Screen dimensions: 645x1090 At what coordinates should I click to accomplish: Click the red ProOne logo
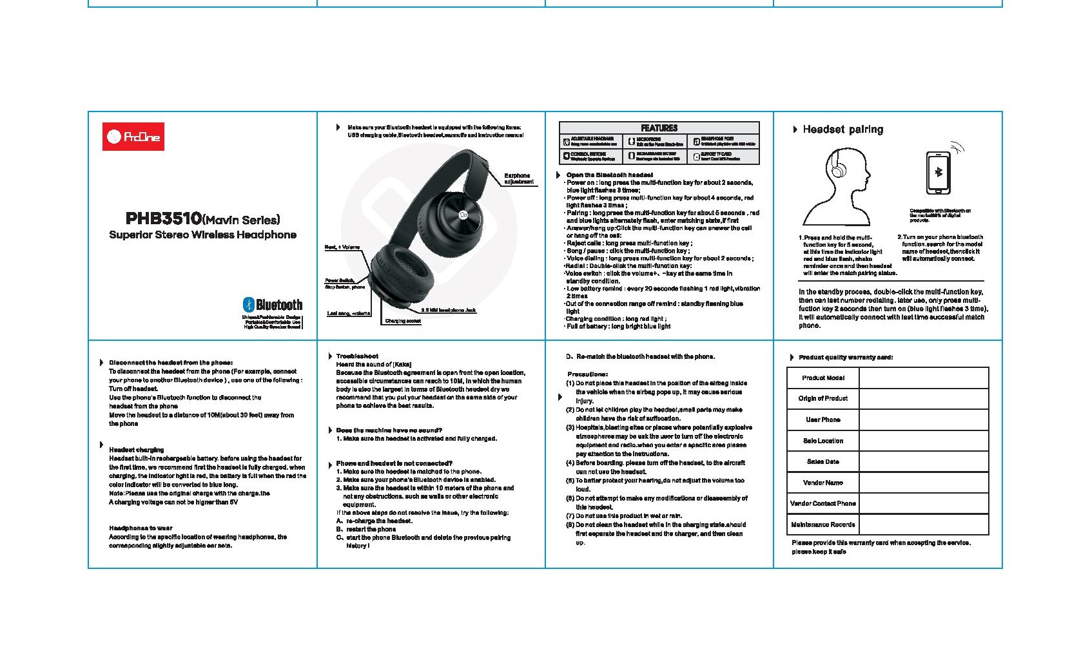click(x=133, y=137)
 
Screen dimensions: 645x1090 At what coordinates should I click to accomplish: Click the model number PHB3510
click(x=164, y=219)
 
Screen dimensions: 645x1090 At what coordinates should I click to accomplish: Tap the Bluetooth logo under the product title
click(x=272, y=304)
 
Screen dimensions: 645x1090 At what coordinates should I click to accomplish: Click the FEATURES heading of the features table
click(x=659, y=128)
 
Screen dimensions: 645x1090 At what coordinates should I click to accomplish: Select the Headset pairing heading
click(x=842, y=130)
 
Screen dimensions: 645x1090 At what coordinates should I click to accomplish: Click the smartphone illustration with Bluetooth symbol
click(x=938, y=172)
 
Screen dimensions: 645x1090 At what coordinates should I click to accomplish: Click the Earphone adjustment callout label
click(x=518, y=178)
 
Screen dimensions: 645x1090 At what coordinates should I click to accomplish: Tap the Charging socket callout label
click(x=403, y=321)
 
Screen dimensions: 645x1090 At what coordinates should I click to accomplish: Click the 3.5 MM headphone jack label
click(x=449, y=311)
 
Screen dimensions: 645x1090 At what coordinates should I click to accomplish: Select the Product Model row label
click(x=823, y=378)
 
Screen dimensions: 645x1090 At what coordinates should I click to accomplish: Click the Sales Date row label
click(x=823, y=462)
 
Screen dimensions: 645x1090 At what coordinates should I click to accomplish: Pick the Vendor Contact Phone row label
click(x=823, y=504)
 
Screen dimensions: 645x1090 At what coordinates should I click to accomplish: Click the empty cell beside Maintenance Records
click(x=923, y=525)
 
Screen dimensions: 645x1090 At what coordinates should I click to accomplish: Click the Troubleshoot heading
click(x=357, y=356)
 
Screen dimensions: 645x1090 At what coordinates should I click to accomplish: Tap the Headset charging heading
click(x=136, y=450)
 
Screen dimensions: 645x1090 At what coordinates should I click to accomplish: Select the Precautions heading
click(x=587, y=374)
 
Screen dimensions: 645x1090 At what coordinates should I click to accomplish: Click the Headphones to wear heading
click(x=141, y=528)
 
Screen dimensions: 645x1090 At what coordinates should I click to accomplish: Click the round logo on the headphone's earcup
click(x=463, y=215)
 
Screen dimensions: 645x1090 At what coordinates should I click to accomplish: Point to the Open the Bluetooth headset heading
click(x=609, y=175)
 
